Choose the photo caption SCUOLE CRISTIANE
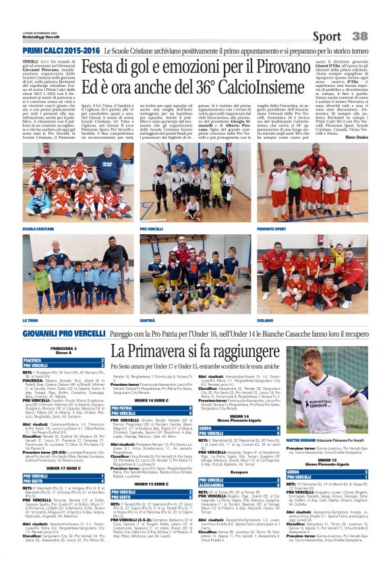[38, 228]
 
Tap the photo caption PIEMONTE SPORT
[272, 228]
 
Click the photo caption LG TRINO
[31, 321]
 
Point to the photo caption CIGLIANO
[266, 321]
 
